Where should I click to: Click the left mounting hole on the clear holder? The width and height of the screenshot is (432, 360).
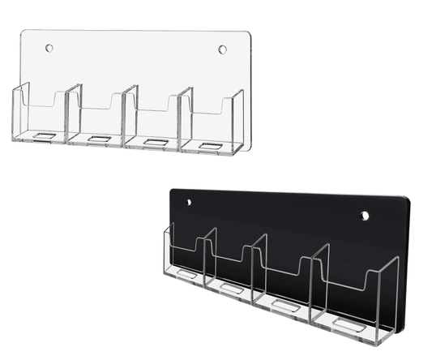pos(49,48)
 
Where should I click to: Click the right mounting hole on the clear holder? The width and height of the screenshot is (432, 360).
pos(222,49)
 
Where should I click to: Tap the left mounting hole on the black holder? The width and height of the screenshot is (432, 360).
pos(189,202)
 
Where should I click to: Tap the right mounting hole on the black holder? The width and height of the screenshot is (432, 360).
pos(365,216)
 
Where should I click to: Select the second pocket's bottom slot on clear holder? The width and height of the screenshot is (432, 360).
pos(99,139)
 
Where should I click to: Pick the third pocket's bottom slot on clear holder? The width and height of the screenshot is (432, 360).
pos(155,142)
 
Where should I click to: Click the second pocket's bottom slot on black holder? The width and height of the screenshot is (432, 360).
pos(232,288)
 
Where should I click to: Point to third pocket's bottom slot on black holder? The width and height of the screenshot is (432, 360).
pos(284,305)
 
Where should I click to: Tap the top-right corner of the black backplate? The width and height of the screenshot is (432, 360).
pos(405,199)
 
